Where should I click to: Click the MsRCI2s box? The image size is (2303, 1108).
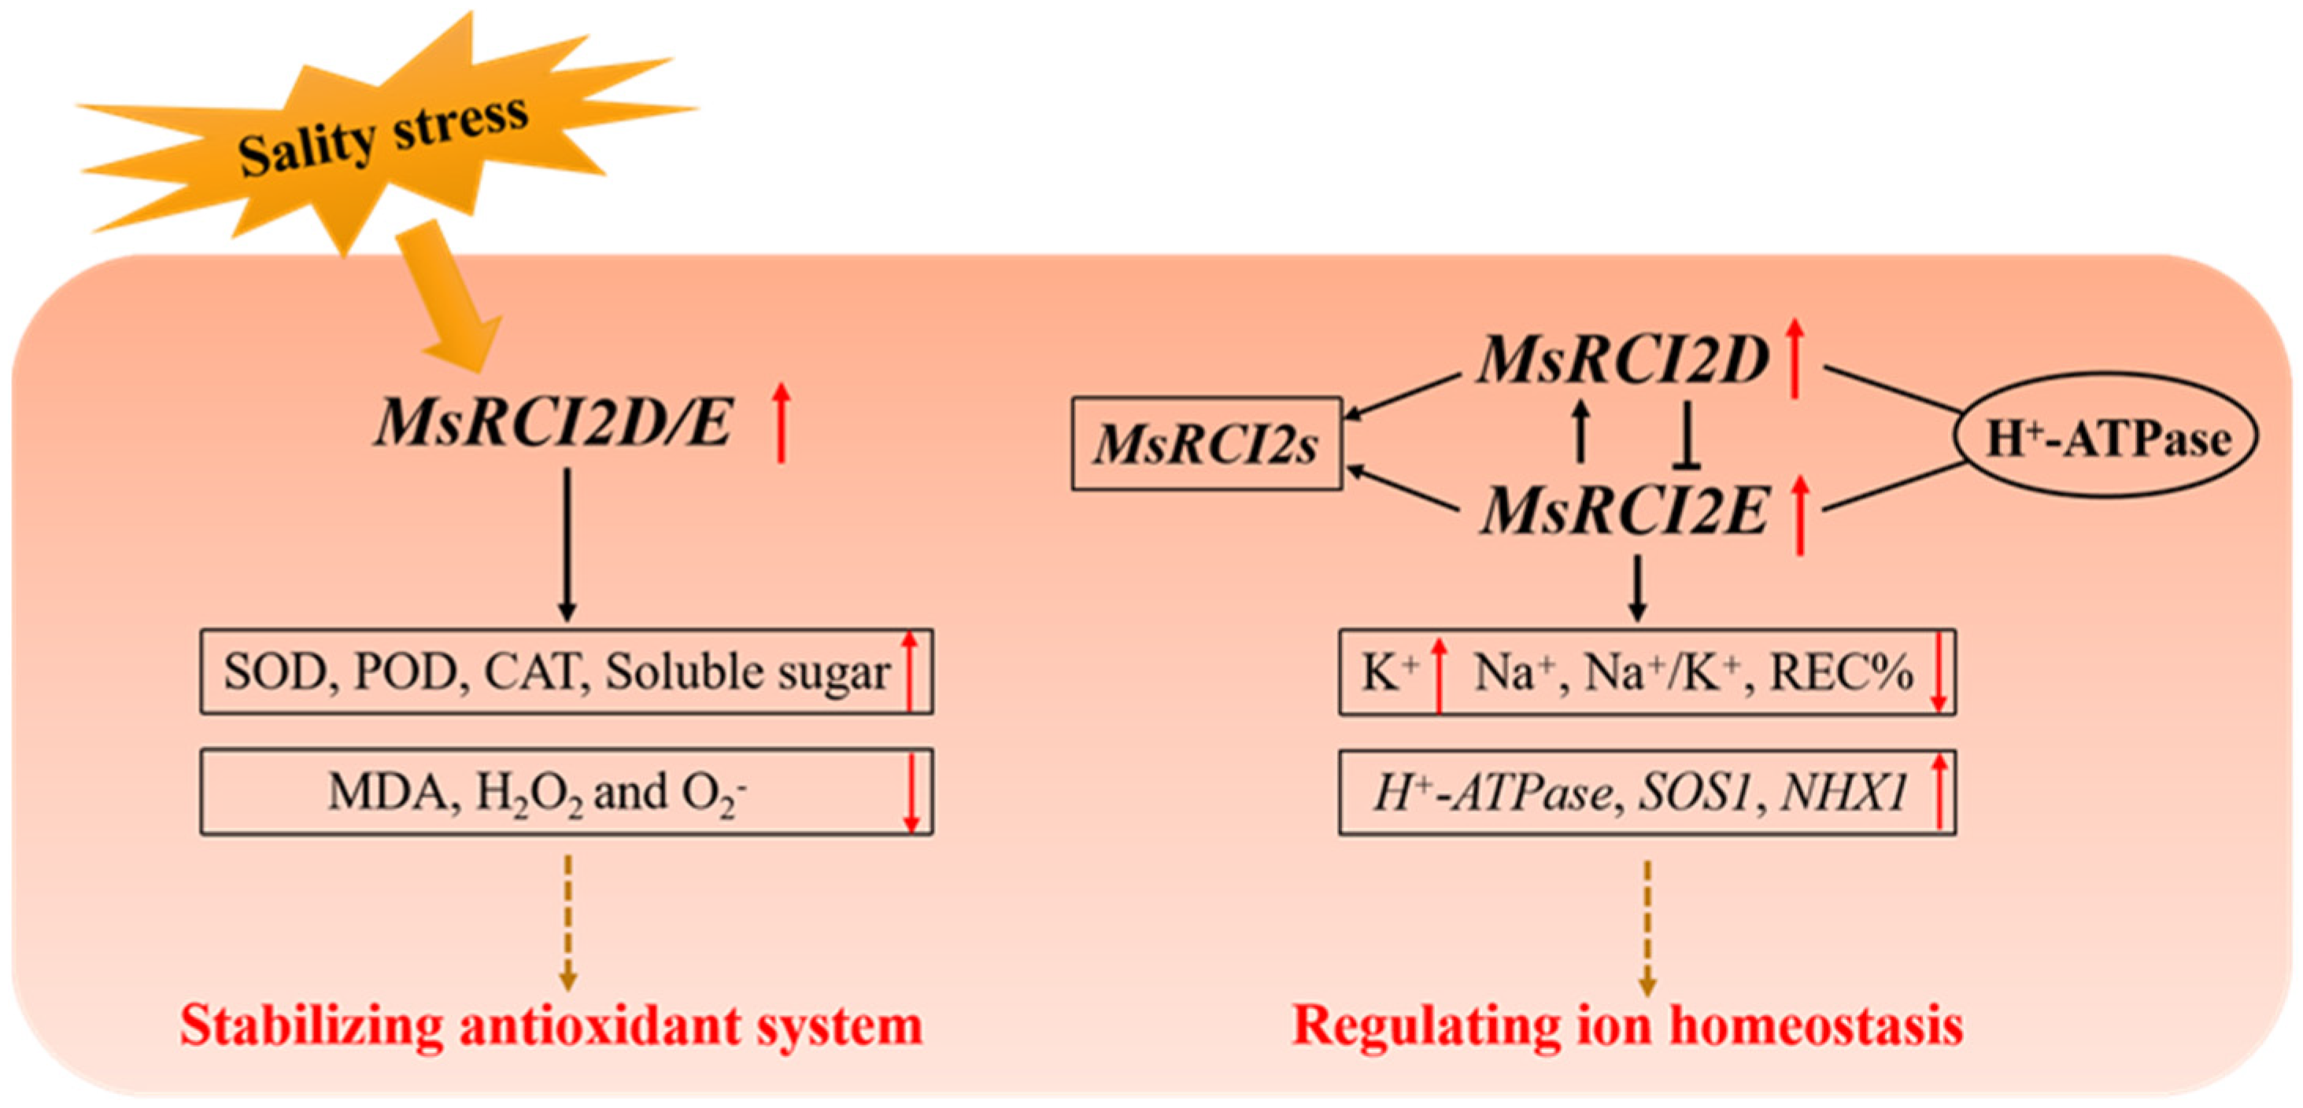(1206, 444)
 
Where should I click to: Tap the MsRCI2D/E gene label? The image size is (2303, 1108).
(554, 422)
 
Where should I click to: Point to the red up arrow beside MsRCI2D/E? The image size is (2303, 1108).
(782, 422)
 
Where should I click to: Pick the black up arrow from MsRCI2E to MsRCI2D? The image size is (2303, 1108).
(1580, 431)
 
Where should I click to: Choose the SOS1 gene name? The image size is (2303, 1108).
(1693, 792)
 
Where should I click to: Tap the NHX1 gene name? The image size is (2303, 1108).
(1844, 792)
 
